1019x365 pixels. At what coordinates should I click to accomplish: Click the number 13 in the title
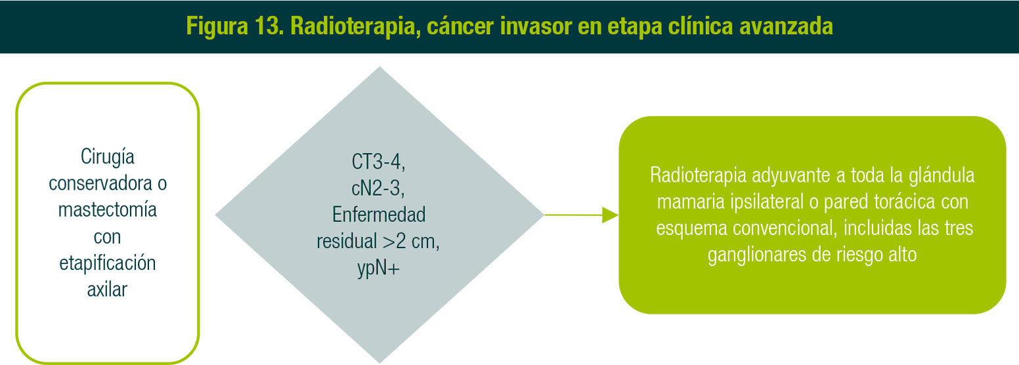coord(269,26)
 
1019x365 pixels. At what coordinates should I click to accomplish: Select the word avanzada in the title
coord(786,26)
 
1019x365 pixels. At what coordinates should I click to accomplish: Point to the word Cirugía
coord(108,158)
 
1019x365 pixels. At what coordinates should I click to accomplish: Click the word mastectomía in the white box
coord(108,210)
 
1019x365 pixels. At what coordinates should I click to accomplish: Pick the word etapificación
coord(108,264)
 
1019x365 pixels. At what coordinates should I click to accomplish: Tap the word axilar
coord(108,290)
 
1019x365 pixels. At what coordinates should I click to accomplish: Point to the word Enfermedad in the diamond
coord(379,215)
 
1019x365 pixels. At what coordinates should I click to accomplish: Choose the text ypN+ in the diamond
coord(378,268)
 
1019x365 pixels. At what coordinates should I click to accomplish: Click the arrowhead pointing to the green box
coord(610,215)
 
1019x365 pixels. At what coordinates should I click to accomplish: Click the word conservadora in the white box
coord(100,183)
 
